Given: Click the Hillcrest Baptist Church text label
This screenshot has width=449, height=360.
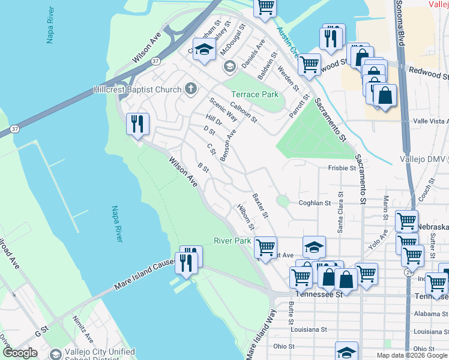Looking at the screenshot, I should click(x=137, y=89).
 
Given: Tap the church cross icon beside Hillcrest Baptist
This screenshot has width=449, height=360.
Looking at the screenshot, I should click(x=191, y=89).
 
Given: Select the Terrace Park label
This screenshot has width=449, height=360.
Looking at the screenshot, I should click(x=255, y=94).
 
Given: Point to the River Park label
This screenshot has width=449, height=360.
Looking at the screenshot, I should click(x=232, y=241).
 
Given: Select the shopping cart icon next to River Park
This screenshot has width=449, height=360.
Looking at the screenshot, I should click(x=265, y=247).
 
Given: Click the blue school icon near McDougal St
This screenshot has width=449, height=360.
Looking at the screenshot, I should click(x=204, y=49).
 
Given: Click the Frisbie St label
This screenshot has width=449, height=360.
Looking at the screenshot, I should click(x=342, y=168).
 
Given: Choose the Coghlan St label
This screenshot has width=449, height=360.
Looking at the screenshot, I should click(x=315, y=203).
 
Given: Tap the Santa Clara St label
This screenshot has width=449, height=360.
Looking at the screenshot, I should click(x=340, y=212).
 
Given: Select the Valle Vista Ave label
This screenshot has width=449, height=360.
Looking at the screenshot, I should click(x=431, y=121).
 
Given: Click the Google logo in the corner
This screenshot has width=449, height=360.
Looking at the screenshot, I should click(x=20, y=353).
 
